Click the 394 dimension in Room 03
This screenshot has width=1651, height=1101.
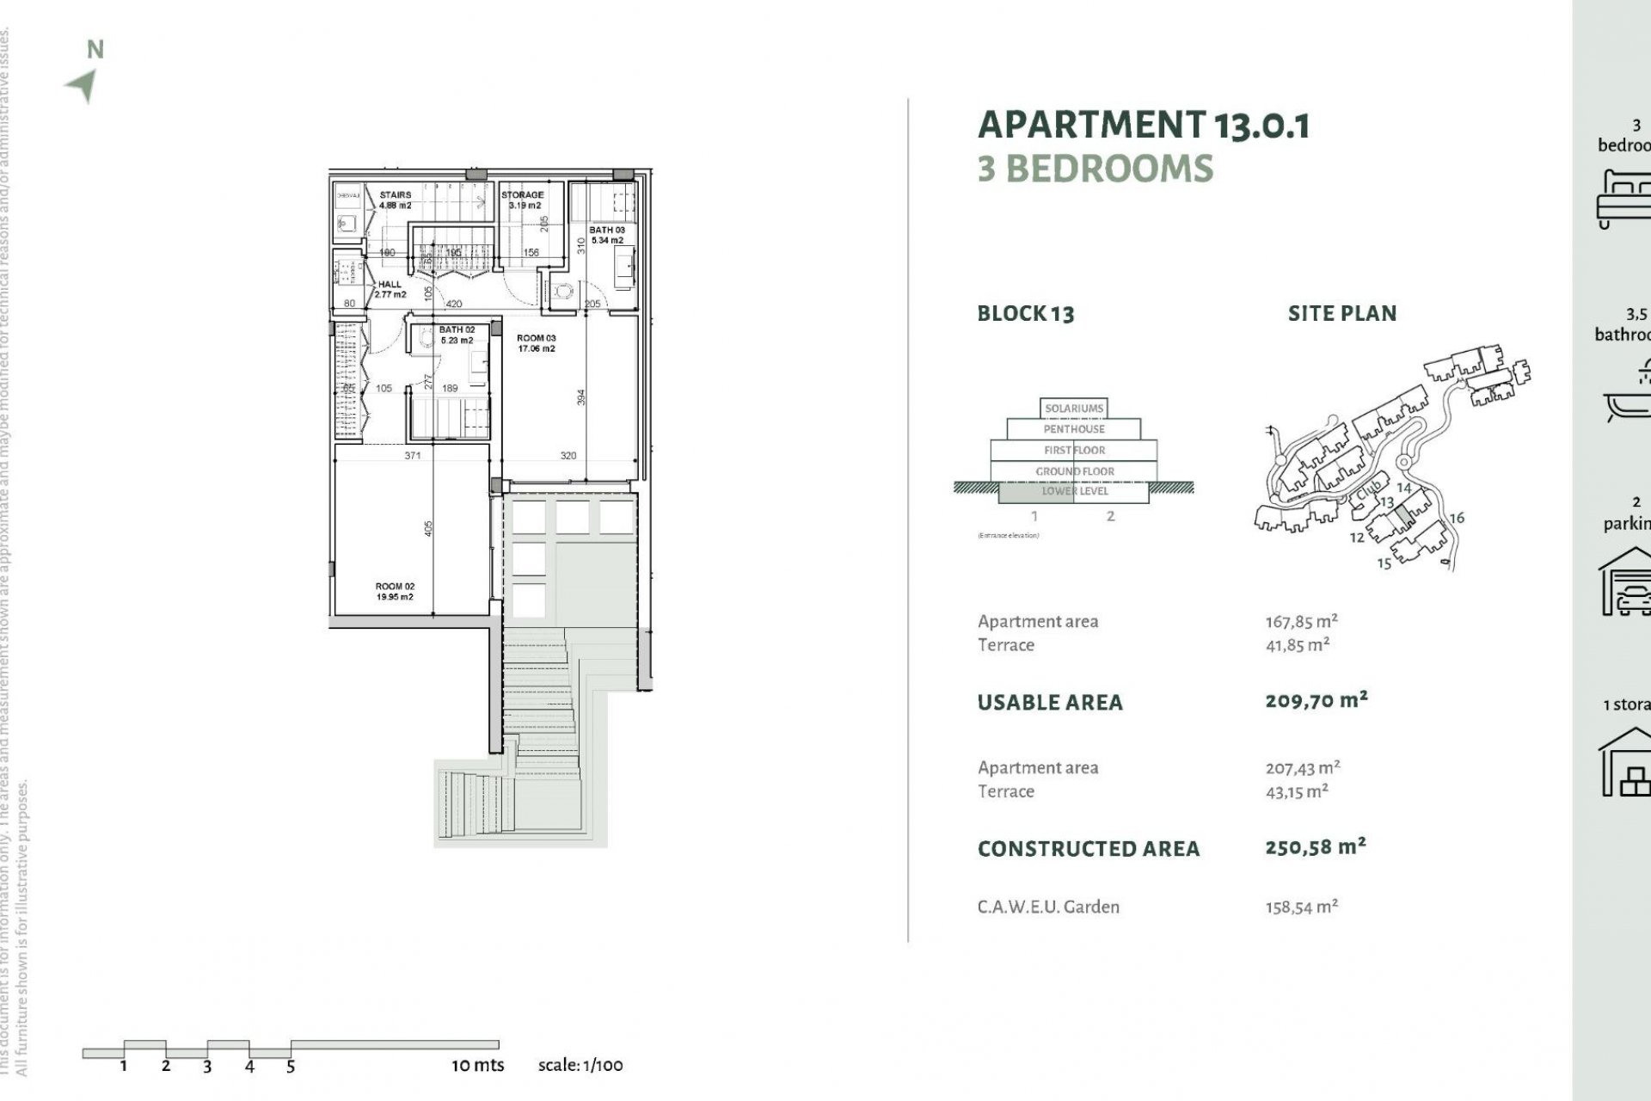pyautogui.click(x=581, y=397)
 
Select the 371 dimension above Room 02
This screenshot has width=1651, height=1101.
pyautogui.click(x=413, y=455)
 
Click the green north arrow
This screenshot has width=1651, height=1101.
pyautogui.click(x=83, y=85)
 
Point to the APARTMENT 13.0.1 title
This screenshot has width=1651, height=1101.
pyautogui.click(x=1144, y=126)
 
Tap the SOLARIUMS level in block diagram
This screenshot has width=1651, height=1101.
pyautogui.click(x=1074, y=408)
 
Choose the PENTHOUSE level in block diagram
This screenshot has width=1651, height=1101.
pyautogui.click(x=1074, y=428)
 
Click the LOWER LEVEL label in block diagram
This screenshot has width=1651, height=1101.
pyautogui.click(x=1075, y=491)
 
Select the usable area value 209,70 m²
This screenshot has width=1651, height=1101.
pyautogui.click(x=1316, y=700)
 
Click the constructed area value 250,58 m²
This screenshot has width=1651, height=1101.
pyautogui.click(x=1315, y=846)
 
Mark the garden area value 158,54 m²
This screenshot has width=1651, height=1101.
pyautogui.click(x=1301, y=907)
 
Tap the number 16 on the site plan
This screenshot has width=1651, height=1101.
pyautogui.click(x=1457, y=518)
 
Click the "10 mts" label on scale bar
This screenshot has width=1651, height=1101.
pyautogui.click(x=477, y=1065)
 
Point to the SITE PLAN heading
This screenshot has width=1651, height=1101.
pyautogui.click(x=1341, y=314)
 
